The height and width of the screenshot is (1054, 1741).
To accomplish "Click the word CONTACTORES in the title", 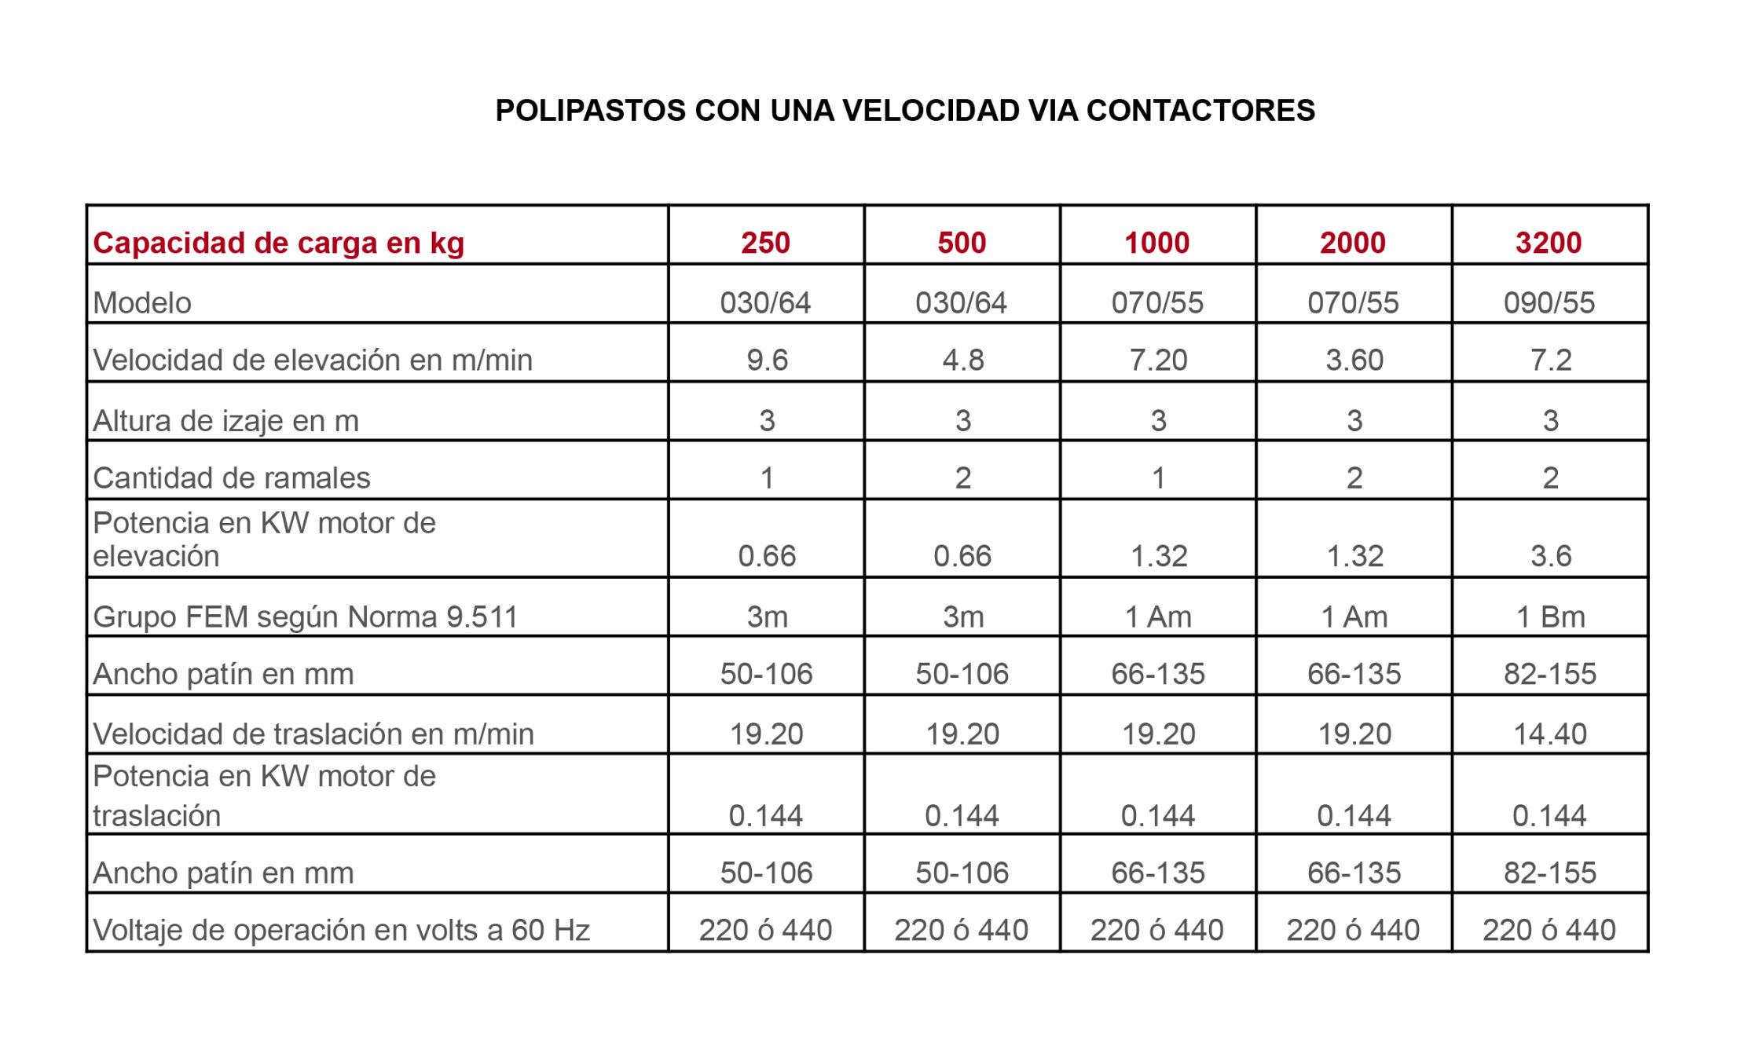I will tap(1200, 111).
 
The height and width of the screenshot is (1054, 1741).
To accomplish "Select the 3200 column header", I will tap(1548, 243).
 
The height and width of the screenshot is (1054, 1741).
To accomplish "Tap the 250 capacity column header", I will tap(765, 243).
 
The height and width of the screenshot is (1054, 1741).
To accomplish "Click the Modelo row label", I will tap(142, 302).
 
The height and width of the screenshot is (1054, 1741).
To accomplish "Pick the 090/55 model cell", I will tap(1549, 302).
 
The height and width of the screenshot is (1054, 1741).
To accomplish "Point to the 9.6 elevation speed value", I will tap(767, 360).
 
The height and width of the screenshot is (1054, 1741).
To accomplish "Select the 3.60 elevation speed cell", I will tap(1354, 360).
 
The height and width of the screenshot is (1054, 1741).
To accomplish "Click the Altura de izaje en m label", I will tap(225, 420).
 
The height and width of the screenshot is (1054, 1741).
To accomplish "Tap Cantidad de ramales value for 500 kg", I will tap(962, 478).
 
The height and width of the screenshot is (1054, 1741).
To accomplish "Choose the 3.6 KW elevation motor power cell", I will tap(1550, 556).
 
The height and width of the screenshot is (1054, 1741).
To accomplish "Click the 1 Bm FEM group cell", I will tap(1550, 617).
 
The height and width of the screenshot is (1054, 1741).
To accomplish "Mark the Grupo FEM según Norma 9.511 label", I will tap(305, 617).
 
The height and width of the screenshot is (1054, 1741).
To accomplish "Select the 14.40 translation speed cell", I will tap(1549, 734).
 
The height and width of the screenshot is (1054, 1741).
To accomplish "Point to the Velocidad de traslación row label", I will tap(313, 734).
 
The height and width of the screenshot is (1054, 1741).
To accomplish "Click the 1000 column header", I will tap(1156, 243).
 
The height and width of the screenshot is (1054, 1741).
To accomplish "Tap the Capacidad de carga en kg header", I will tap(278, 243).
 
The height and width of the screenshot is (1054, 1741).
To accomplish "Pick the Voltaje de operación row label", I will tap(341, 930).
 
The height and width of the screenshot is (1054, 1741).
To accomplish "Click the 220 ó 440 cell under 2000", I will tap(1353, 930).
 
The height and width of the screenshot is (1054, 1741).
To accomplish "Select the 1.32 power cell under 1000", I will tap(1158, 556).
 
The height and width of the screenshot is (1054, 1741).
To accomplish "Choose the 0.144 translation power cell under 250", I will tap(765, 815).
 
